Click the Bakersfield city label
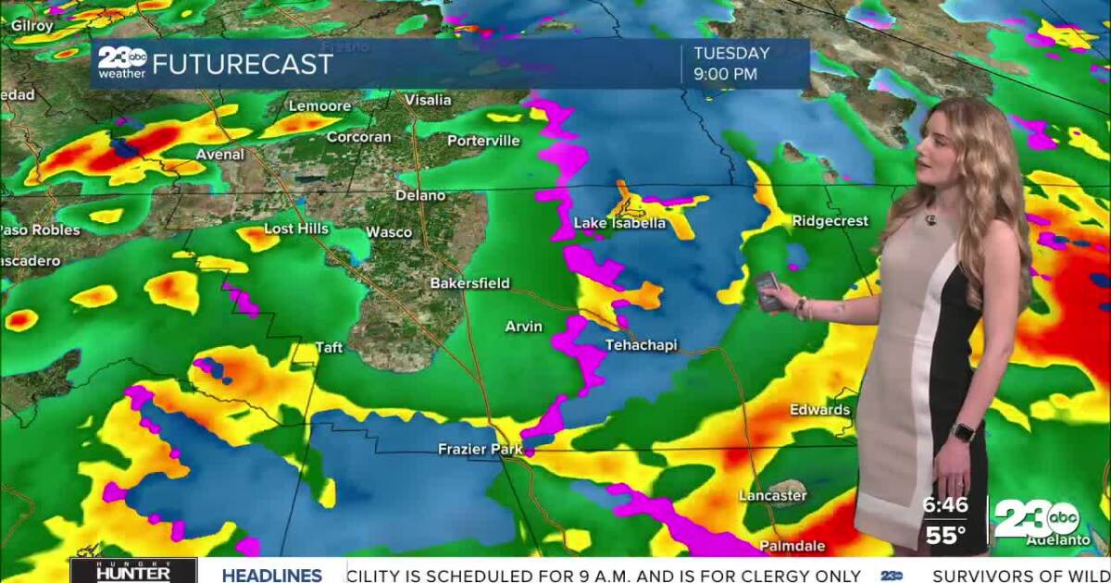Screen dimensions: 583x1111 pos(469,283)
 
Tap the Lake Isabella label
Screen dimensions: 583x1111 pos(619,223)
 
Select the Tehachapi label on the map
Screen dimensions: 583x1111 pos(641,345)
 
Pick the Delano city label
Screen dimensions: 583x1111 pos(420,195)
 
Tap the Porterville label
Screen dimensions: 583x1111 pos(483,141)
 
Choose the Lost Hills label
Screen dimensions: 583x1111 pos(296,229)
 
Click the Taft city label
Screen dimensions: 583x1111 pos(329,348)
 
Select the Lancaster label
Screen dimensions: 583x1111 pos(772,496)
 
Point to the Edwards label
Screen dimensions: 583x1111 pos(819,409)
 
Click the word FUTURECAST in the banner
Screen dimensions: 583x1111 pos(242,64)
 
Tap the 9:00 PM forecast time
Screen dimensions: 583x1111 pos(726,74)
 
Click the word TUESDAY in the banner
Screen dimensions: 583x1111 pos(731,53)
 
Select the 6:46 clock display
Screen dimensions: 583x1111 pos(944,505)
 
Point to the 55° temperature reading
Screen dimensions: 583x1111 pos(944,535)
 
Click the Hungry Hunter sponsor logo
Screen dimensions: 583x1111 pos(133,570)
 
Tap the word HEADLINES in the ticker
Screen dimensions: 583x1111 pos(271,575)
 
